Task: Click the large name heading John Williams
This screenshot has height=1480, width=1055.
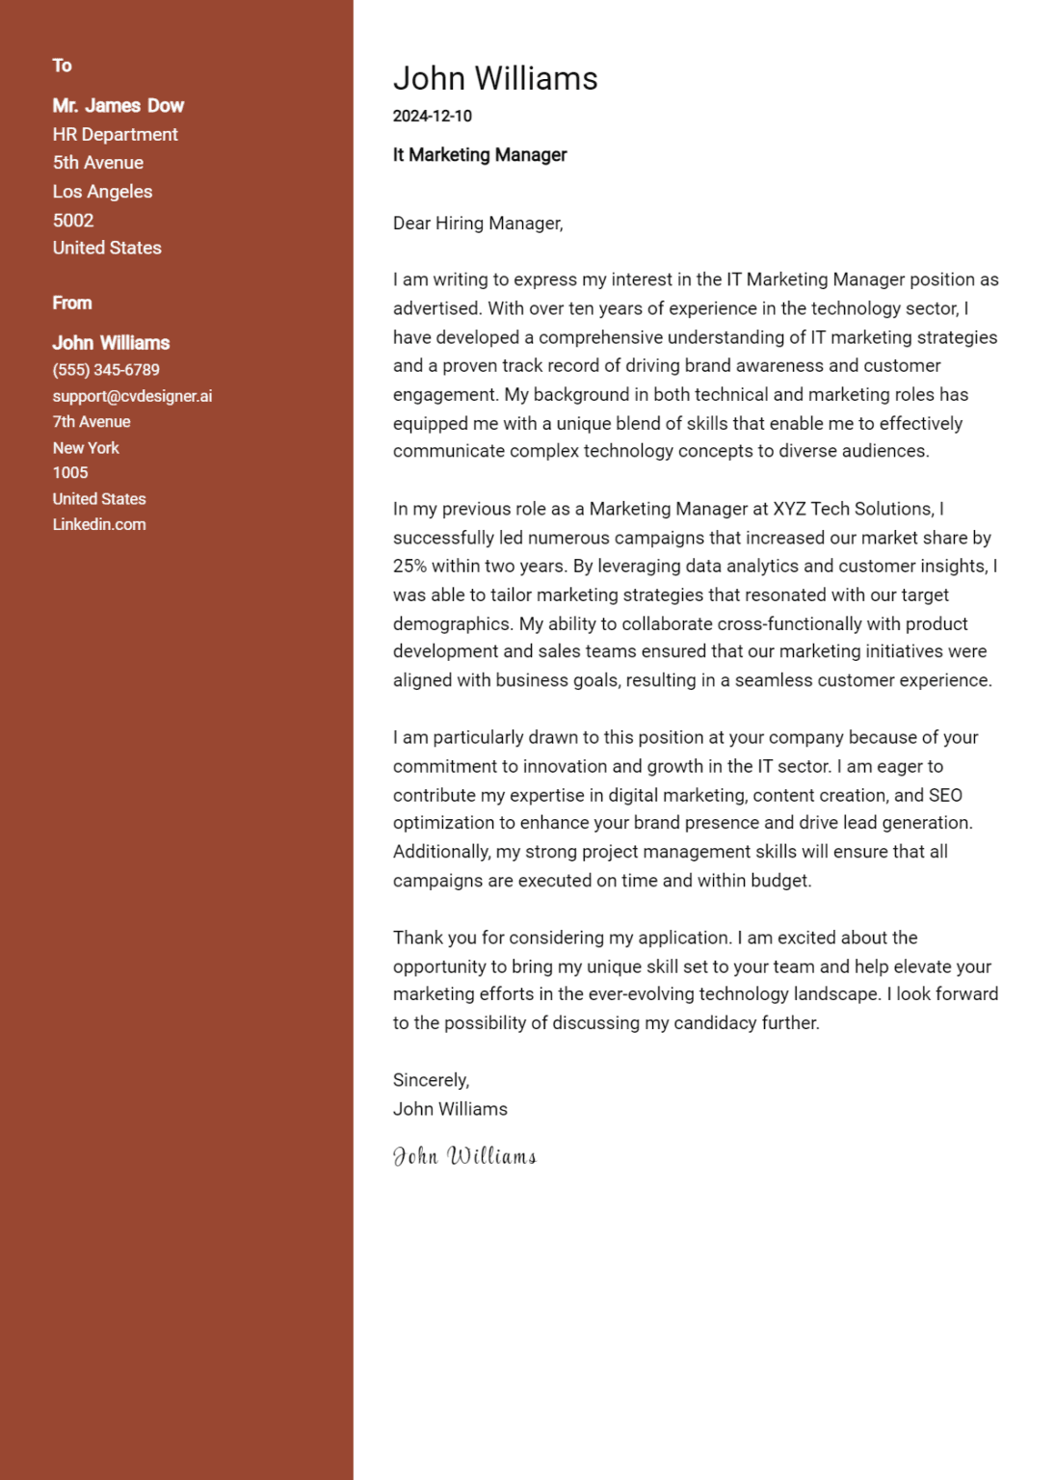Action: (495, 79)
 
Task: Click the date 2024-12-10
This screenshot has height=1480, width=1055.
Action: (432, 117)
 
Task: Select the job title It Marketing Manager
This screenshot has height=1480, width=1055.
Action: (480, 155)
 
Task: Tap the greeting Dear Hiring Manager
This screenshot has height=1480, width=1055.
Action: (477, 224)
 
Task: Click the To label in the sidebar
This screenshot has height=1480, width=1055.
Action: (63, 66)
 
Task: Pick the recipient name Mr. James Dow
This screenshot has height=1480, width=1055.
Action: (118, 106)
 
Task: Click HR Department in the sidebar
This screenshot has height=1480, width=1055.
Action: (115, 135)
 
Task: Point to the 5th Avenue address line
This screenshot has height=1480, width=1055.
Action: (97, 163)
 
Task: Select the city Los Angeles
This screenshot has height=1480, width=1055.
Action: (102, 192)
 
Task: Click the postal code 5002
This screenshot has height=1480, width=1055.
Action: (73, 221)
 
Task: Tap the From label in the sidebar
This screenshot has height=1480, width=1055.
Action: (72, 304)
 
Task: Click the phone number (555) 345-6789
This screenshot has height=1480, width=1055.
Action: (106, 370)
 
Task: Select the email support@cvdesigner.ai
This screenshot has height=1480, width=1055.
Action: (132, 396)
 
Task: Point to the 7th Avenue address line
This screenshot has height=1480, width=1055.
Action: (92, 422)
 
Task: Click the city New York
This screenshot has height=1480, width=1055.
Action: (86, 448)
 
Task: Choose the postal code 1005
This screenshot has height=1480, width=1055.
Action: (70, 473)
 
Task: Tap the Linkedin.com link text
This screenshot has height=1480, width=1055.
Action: (99, 525)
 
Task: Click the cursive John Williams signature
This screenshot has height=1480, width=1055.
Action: (464, 1156)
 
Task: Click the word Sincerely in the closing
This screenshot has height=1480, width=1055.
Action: (431, 1081)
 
